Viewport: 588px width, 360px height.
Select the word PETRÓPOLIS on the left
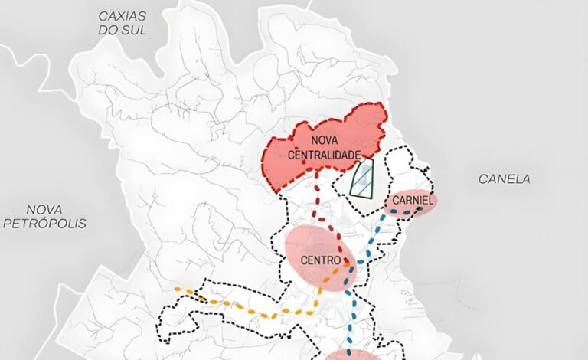pos(45,224)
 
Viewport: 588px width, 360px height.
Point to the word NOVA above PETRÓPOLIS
pos(45,209)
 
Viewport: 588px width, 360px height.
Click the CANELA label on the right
pos(504,178)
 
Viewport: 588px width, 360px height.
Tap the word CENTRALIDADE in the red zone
pos(324,155)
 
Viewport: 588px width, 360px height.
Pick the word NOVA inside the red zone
pos(325,141)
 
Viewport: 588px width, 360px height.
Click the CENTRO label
pos(320,260)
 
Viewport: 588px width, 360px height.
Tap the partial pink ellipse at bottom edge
pos(351,355)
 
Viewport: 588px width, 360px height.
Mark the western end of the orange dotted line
pos(178,290)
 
